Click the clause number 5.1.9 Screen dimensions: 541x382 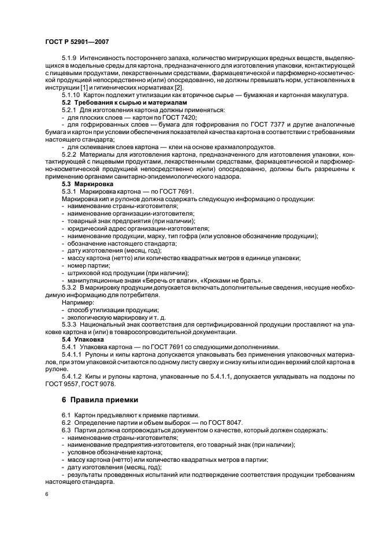pos(69,58)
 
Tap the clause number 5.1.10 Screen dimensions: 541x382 pos(71,94)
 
